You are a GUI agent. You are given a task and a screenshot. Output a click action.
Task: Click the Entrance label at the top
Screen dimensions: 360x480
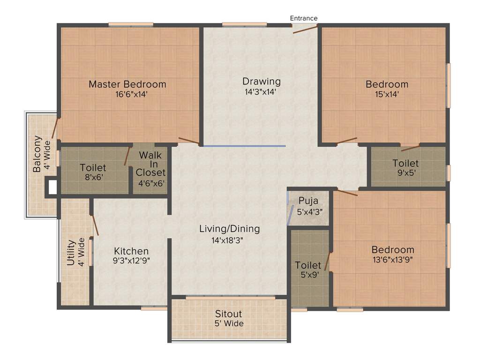click(x=304, y=18)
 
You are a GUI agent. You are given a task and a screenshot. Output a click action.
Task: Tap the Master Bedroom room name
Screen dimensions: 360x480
click(x=127, y=84)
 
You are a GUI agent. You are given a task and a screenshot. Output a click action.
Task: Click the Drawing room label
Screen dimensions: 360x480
click(x=262, y=81)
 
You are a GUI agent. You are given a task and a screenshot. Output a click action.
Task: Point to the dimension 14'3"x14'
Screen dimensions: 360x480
click(x=261, y=92)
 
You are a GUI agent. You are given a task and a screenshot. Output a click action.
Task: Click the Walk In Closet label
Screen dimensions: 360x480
click(x=150, y=164)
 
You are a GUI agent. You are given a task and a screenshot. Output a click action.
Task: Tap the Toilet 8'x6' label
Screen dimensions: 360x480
click(x=93, y=172)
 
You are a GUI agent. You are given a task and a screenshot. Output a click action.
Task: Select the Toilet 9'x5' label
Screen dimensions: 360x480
click(x=405, y=167)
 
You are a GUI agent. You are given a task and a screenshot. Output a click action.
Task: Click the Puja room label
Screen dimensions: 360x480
click(x=308, y=201)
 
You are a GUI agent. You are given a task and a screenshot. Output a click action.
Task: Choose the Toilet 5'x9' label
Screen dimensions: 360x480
click(x=308, y=270)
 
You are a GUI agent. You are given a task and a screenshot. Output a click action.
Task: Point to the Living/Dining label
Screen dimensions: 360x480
click(x=229, y=229)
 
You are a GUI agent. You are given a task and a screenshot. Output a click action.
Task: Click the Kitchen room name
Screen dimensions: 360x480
click(x=131, y=251)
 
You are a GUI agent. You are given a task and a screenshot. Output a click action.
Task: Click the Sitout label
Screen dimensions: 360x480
click(x=229, y=314)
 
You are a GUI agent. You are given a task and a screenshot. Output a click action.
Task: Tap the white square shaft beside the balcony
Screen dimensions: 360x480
click(x=52, y=187)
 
